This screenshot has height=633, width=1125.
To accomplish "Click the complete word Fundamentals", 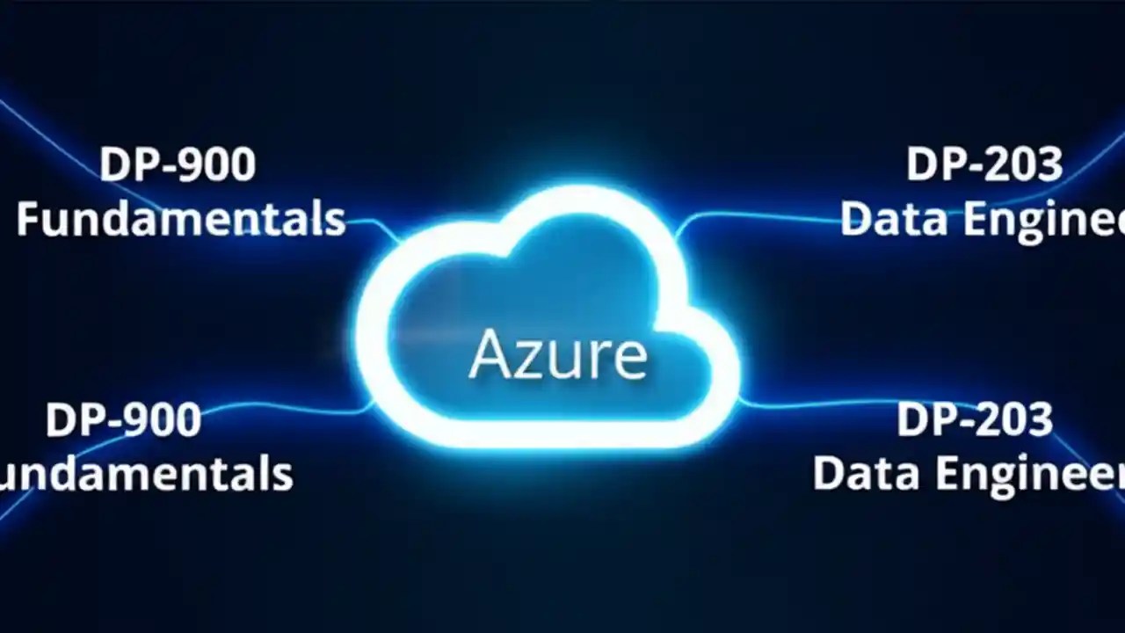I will tap(180, 218).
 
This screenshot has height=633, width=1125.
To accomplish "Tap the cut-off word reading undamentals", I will tap(145, 473).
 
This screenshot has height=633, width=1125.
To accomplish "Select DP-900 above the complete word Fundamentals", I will tap(178, 164).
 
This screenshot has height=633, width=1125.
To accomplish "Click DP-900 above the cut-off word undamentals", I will tap(123, 420).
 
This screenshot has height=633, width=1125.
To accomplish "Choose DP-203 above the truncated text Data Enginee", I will tap(984, 164).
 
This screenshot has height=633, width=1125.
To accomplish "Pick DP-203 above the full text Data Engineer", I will tap(974, 420).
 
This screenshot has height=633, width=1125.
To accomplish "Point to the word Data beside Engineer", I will tap(861, 473).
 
